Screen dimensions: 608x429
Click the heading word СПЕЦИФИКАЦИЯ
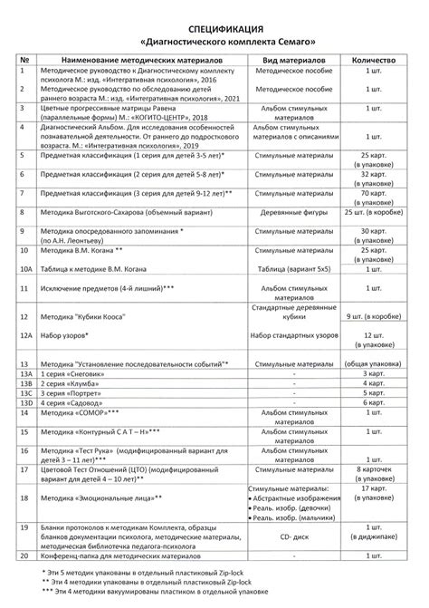tap(214, 28)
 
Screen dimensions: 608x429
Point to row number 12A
tap(26, 335)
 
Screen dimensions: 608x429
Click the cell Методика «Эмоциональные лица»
tap(100, 499)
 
